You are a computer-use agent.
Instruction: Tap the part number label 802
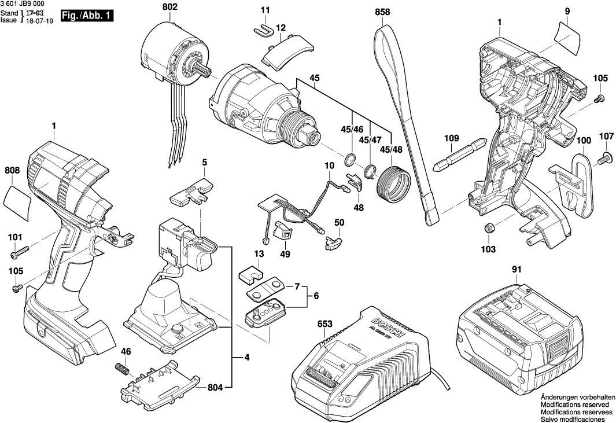170,7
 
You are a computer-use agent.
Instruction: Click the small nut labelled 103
488,228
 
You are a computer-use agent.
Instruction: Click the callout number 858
382,11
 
